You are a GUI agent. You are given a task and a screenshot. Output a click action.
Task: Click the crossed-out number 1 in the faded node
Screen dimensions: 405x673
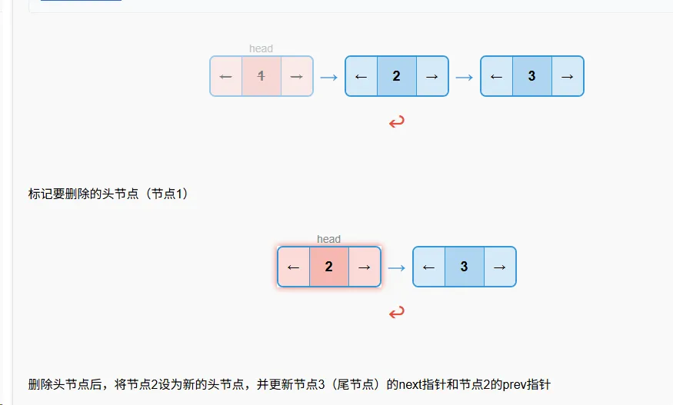click(x=262, y=76)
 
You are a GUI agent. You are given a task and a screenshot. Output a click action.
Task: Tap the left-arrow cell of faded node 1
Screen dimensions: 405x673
click(x=226, y=76)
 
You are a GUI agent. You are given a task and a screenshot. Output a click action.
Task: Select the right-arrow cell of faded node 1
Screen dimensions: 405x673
click(x=297, y=76)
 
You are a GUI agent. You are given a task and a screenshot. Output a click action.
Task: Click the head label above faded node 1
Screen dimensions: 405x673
click(x=262, y=48)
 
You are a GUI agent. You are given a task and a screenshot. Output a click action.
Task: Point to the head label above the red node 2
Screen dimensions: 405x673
click(x=328, y=239)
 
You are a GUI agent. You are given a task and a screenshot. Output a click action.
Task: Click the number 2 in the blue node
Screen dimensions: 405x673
click(x=397, y=76)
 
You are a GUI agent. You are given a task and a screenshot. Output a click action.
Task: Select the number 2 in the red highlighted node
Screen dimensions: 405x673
click(x=329, y=267)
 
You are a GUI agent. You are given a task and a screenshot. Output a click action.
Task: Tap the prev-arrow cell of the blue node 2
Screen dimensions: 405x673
click(x=361, y=76)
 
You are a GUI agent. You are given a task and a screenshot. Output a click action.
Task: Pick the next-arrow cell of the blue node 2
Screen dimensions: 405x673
click(x=432, y=76)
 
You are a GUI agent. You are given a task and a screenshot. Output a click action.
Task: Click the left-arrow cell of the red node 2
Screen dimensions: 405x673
click(x=294, y=267)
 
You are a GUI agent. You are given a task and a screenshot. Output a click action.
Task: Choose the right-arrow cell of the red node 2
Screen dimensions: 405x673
click(x=365, y=267)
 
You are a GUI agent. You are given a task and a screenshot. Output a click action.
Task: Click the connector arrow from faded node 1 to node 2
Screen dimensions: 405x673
click(x=328, y=76)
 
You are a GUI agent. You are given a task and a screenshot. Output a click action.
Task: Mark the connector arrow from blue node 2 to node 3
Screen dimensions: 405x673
click(x=464, y=76)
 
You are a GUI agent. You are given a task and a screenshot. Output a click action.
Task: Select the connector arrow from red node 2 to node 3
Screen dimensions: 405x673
click(x=396, y=267)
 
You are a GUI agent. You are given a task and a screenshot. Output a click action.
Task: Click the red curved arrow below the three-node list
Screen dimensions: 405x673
click(x=397, y=121)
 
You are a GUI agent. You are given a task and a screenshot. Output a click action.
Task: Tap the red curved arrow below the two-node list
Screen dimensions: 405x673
click(x=397, y=312)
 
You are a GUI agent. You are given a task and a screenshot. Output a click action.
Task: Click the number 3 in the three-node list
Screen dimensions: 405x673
click(x=532, y=76)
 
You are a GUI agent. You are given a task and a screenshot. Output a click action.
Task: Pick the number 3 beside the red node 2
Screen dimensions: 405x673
click(x=465, y=267)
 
